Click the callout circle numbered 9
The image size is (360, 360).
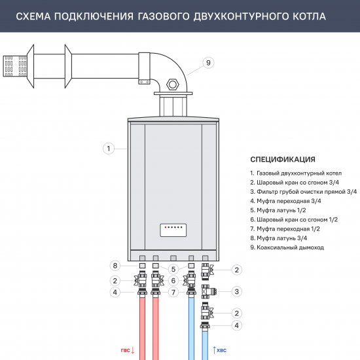tap(207, 63)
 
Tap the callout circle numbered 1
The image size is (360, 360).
tap(109, 149)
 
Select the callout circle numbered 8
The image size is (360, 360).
tap(115, 266)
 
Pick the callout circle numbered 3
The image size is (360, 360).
tap(238, 291)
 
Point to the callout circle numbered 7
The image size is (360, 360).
tap(173, 268)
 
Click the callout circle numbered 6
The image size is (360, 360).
tap(173, 280)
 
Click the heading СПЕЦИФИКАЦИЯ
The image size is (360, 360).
tap(283, 159)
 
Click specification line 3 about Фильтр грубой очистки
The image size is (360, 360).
tap(303, 191)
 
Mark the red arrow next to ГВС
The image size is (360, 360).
tap(133, 351)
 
